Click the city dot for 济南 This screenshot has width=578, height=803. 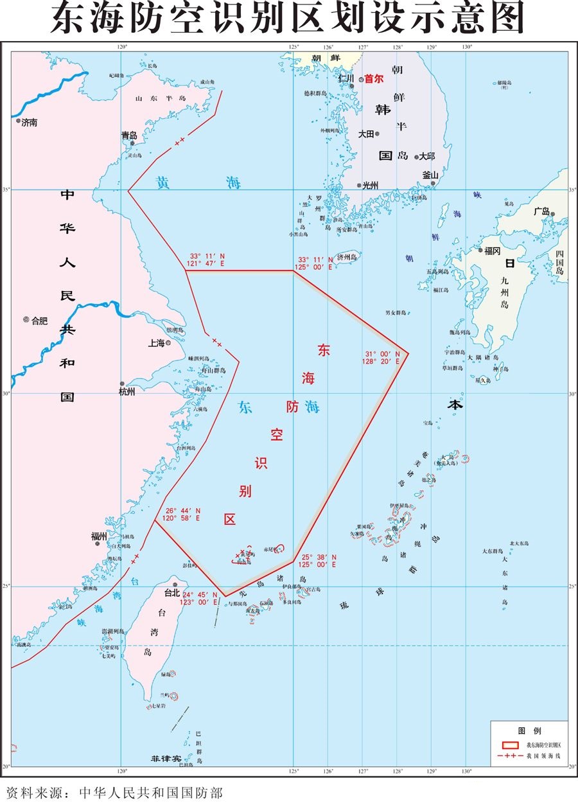pos(19,120)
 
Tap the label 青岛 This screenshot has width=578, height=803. pos(129,136)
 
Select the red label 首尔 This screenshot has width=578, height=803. pos(374,79)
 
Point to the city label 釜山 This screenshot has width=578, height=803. pos(430,175)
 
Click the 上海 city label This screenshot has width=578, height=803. pos(156,343)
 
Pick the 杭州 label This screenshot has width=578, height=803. pos(127,392)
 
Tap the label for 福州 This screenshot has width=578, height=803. pos(98,534)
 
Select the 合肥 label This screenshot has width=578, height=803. pos(39,320)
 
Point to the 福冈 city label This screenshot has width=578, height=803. pos(493,251)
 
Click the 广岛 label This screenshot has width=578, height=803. pos(541,211)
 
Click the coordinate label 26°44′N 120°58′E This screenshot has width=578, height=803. pos(183,513)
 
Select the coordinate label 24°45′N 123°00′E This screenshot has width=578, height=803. pos(200,598)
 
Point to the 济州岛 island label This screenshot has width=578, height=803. pos(347,256)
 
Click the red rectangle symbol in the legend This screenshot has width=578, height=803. pos(510,745)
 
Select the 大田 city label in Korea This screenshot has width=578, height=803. pos(365,134)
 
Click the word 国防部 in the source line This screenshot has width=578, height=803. pos(202,793)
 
